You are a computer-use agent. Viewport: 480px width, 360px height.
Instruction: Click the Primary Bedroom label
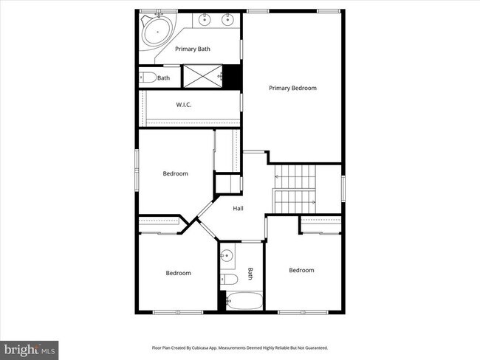click(x=292, y=88)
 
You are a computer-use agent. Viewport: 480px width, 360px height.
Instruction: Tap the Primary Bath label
click(x=193, y=49)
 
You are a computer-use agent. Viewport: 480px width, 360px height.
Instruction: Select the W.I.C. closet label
click(x=184, y=105)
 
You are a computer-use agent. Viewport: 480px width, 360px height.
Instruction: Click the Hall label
click(x=239, y=209)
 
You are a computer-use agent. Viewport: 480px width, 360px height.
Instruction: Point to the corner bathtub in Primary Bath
click(x=157, y=32)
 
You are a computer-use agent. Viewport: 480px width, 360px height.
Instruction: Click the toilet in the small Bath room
click(x=146, y=77)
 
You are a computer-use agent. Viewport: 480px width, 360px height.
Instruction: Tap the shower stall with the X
click(x=202, y=75)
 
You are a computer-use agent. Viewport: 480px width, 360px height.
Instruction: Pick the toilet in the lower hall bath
click(x=229, y=279)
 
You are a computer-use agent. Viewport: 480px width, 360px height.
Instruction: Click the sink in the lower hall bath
click(x=227, y=256)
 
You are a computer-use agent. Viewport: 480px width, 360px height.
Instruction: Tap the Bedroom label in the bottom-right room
click(x=301, y=270)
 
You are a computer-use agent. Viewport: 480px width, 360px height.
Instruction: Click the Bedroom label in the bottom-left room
click(x=178, y=273)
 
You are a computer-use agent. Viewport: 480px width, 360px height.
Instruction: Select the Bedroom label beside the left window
click(x=175, y=174)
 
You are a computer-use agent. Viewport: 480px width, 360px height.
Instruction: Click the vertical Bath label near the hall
click(x=250, y=274)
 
